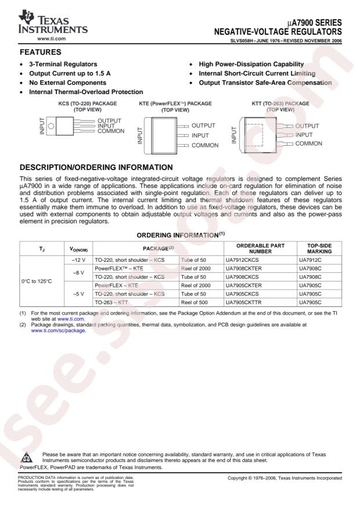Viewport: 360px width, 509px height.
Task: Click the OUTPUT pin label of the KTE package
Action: (x=203, y=125)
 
